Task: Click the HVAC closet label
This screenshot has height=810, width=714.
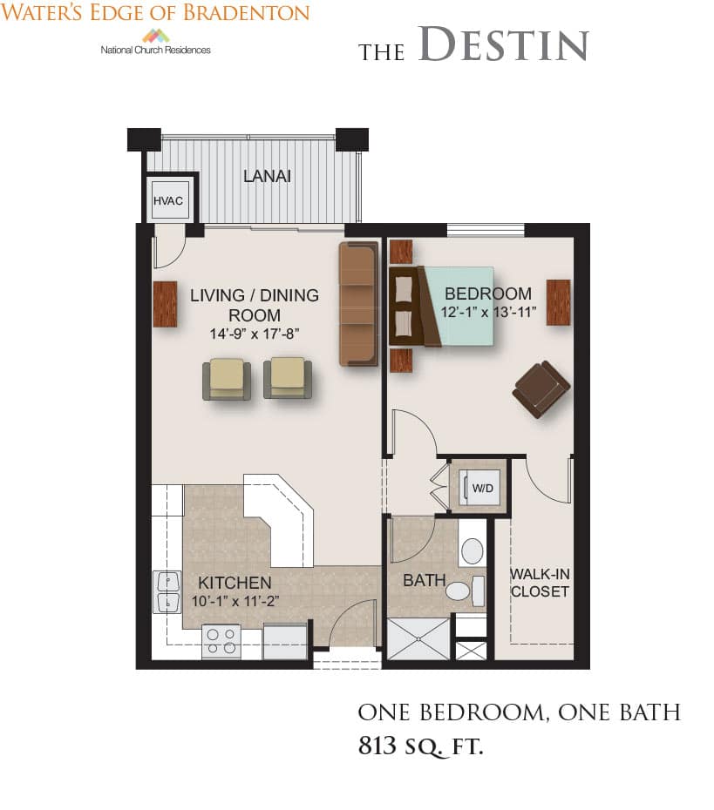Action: [x=168, y=201]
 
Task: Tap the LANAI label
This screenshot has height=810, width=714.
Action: [x=268, y=176]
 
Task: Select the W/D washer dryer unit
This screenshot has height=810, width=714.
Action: [x=482, y=488]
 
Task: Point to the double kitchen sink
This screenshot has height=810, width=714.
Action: [x=167, y=591]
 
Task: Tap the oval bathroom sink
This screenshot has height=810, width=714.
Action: [x=472, y=551]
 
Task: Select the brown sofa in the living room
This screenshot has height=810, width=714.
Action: [x=359, y=304]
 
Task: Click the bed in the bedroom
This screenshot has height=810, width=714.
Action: [x=441, y=306]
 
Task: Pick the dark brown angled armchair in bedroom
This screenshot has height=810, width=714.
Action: [x=541, y=388]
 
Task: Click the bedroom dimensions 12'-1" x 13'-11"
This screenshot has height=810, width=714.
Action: [x=488, y=312]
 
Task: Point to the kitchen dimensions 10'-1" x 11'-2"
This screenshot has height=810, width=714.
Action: [x=235, y=601]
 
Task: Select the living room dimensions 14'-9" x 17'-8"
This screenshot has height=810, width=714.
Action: [x=255, y=334]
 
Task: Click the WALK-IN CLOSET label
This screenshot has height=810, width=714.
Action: [x=540, y=583]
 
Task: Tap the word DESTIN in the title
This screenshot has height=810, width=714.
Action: [x=503, y=44]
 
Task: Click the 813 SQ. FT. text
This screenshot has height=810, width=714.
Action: [x=421, y=746]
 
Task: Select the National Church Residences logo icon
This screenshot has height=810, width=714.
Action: [x=156, y=36]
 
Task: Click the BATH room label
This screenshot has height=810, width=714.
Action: [x=425, y=581]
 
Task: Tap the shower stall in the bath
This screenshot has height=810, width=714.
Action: [x=418, y=638]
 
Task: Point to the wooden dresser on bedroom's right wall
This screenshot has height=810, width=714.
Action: [x=558, y=302]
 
